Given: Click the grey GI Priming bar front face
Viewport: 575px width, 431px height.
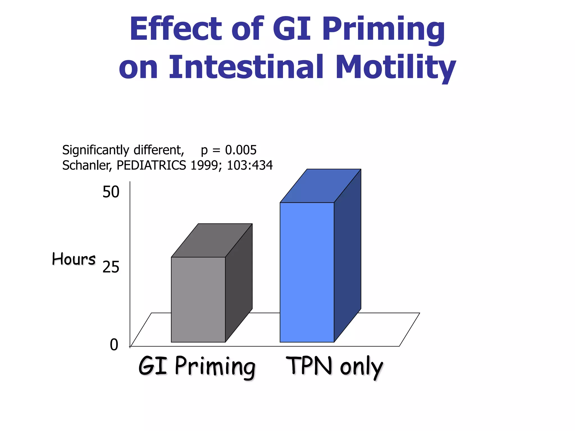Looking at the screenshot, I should click(x=198, y=299).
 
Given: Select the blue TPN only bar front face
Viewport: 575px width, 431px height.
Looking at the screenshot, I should click(x=307, y=272).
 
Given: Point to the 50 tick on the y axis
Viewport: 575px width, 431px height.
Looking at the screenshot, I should click(x=111, y=192).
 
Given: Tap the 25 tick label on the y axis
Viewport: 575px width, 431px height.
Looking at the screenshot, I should click(x=111, y=267).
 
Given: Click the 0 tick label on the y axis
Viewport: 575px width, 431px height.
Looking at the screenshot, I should click(x=114, y=345).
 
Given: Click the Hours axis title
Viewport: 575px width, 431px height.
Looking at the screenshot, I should click(x=74, y=259).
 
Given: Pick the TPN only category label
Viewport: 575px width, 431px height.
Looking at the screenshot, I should click(x=334, y=366).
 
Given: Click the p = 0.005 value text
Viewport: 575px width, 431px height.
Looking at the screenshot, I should click(x=229, y=150).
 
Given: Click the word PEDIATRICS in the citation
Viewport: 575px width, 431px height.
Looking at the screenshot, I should click(x=151, y=165).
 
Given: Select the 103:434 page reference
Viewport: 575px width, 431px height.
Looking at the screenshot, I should click(x=250, y=165).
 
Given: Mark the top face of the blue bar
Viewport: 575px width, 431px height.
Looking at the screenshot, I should click(x=320, y=186).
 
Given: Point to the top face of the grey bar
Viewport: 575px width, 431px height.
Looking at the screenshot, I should click(x=212, y=240).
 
